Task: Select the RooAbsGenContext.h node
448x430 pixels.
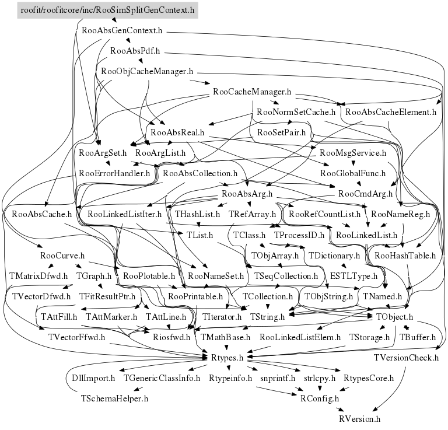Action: coord(122,29)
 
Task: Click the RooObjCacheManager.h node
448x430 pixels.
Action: coord(146,72)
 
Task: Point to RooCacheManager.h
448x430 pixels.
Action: coord(252,92)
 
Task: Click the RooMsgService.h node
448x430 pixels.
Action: coord(353,153)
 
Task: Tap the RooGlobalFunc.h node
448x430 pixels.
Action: coord(352,173)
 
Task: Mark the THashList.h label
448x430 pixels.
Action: coord(197,214)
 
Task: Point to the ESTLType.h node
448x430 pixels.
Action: coord(353,275)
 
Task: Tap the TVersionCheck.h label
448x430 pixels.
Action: coord(406,357)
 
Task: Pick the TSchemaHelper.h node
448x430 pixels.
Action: coord(114,398)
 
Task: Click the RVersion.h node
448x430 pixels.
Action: coord(359,419)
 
